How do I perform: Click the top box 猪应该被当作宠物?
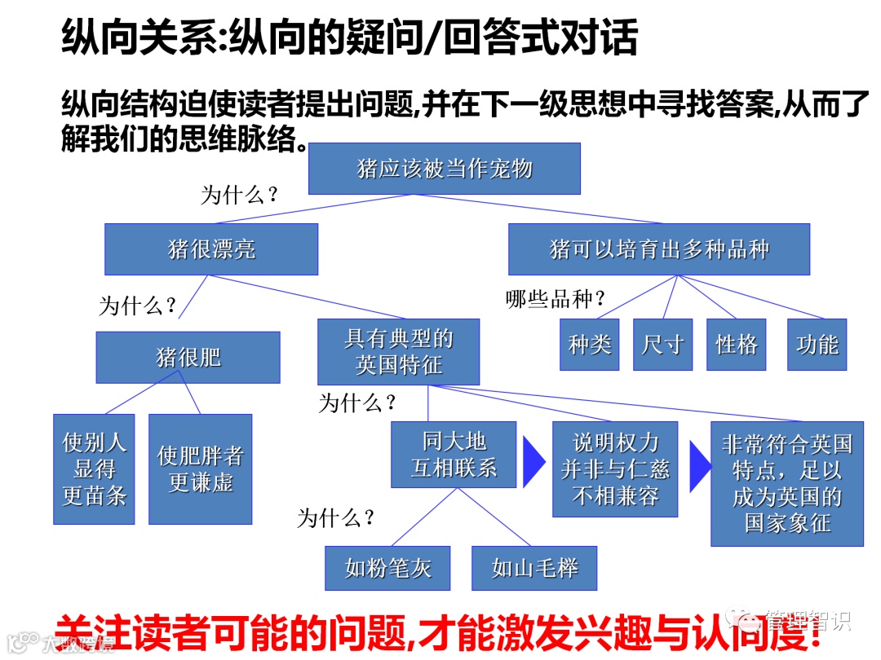[x=444, y=169]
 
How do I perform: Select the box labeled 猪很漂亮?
[x=211, y=249]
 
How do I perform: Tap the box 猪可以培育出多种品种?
[x=658, y=249]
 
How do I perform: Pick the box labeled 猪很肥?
[x=188, y=357]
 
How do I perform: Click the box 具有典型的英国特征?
[x=398, y=351]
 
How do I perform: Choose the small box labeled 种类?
[x=589, y=344]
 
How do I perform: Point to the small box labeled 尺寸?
[x=662, y=344]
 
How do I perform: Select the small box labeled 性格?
[x=736, y=344]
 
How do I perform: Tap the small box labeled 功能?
[x=817, y=344]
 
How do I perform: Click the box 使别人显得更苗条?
[x=94, y=469]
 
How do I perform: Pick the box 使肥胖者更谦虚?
[x=200, y=469]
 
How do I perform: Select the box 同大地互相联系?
[x=453, y=454]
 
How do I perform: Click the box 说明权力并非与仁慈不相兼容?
[x=614, y=469]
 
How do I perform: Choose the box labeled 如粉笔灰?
[x=387, y=567]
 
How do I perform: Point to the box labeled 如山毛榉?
[x=534, y=567]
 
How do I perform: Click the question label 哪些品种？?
[x=556, y=300]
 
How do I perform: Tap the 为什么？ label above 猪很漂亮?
[x=240, y=195]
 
